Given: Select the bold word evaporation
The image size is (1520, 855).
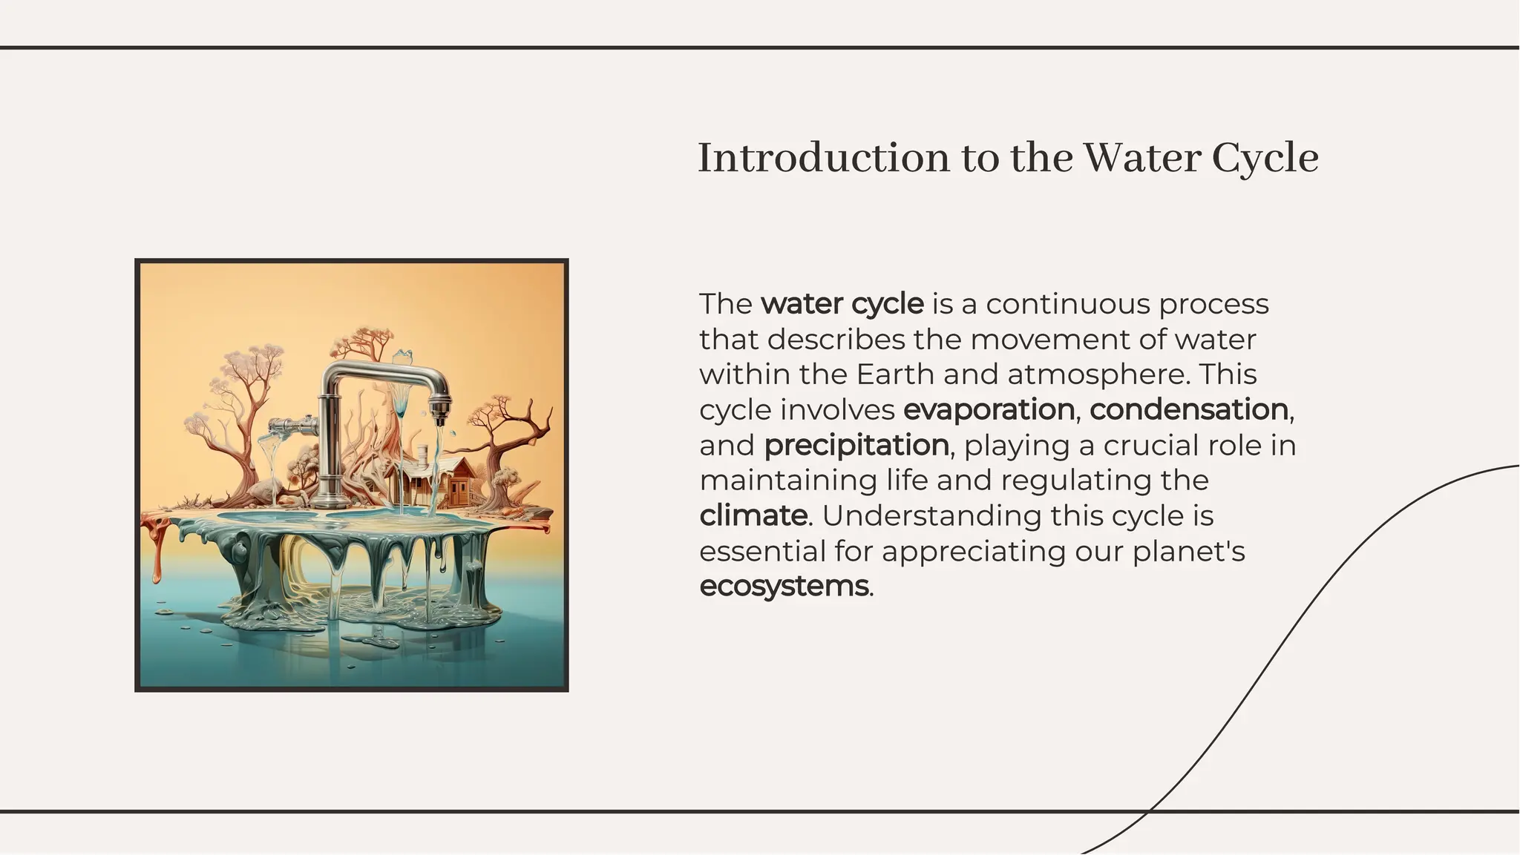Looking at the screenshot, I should pos(989,409).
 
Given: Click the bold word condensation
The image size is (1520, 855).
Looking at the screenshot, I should pos(1188,409).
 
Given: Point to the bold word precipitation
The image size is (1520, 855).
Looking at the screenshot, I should pos(856,445).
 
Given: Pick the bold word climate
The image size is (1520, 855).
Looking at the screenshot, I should pos(753,515).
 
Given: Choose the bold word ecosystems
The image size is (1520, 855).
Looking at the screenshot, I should pos(784,586).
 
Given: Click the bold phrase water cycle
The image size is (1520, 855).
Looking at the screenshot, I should pos(842,304).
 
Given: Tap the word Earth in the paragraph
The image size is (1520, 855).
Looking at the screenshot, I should pos(896,374).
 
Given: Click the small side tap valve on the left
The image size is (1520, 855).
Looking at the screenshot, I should pos(289,426).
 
